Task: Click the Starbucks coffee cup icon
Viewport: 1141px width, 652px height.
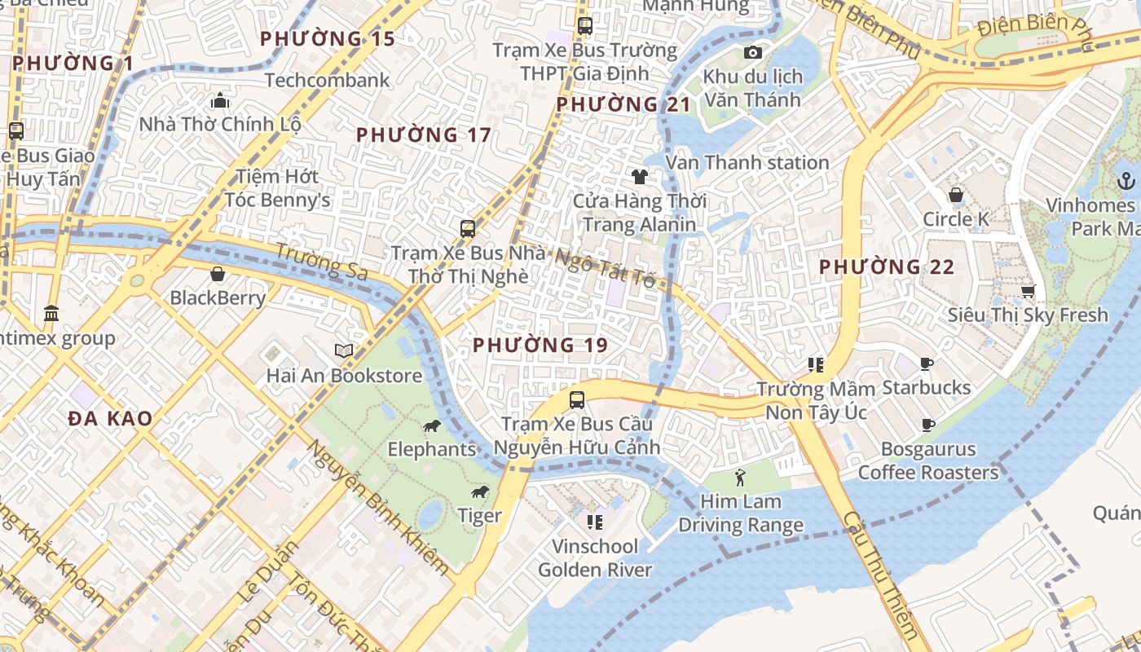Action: point(926,363)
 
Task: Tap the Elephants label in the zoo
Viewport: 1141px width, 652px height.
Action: point(431,449)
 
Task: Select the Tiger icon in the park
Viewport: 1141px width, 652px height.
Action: point(480,491)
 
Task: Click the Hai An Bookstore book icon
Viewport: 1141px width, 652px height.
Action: point(345,350)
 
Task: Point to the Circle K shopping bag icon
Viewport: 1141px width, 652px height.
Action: point(955,195)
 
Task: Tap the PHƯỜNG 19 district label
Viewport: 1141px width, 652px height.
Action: point(540,345)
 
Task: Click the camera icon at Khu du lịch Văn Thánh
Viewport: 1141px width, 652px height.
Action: point(753,53)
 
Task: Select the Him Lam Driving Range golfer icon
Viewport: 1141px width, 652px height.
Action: point(740,478)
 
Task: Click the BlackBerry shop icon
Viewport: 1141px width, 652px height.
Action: point(218,274)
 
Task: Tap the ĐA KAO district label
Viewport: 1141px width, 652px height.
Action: point(110,419)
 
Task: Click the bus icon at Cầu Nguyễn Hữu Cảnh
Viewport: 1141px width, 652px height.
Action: point(577,399)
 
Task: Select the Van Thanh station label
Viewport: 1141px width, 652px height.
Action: point(747,162)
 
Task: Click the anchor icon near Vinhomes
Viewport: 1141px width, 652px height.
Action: point(1126,181)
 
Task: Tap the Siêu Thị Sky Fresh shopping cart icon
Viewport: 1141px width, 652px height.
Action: point(1028,291)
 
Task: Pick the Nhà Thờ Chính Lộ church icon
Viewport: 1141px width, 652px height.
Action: point(219,101)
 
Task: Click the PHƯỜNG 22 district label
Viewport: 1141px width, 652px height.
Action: point(887,267)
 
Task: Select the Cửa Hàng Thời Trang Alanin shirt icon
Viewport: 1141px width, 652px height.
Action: point(639,176)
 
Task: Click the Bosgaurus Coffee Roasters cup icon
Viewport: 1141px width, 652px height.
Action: point(927,425)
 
